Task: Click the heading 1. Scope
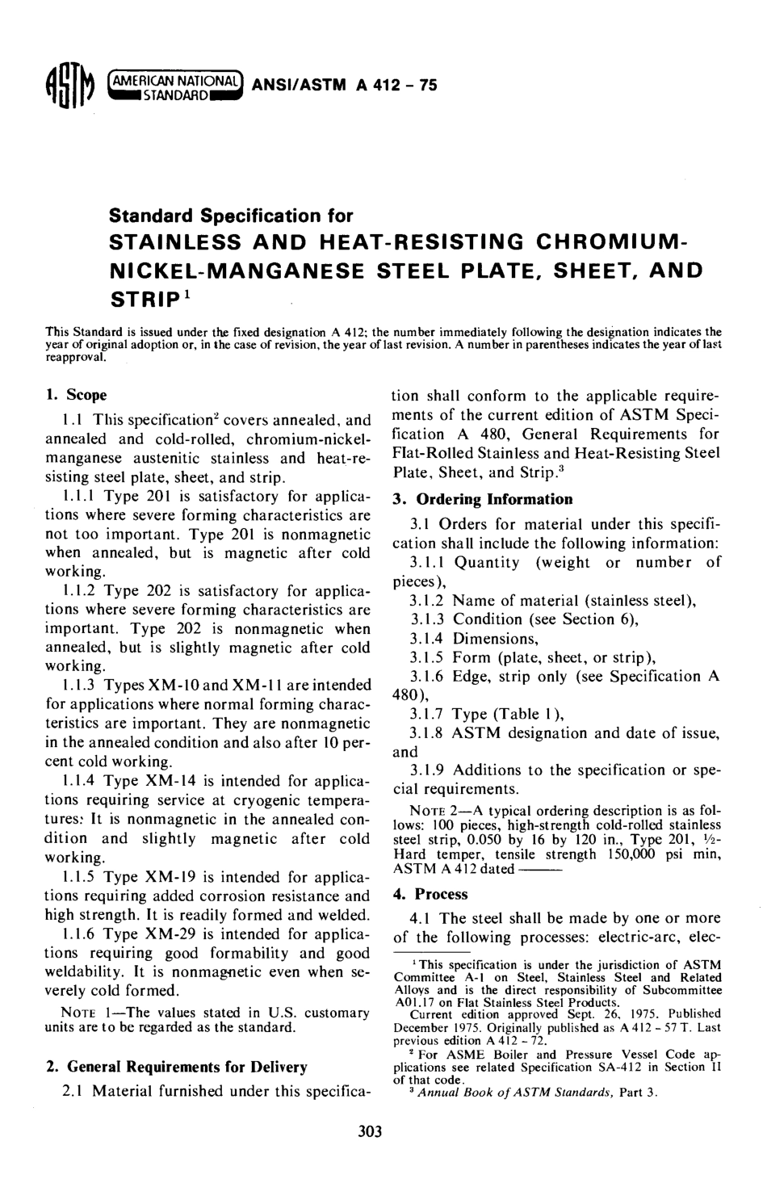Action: point(77,395)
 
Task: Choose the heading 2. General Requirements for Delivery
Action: point(176,1067)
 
